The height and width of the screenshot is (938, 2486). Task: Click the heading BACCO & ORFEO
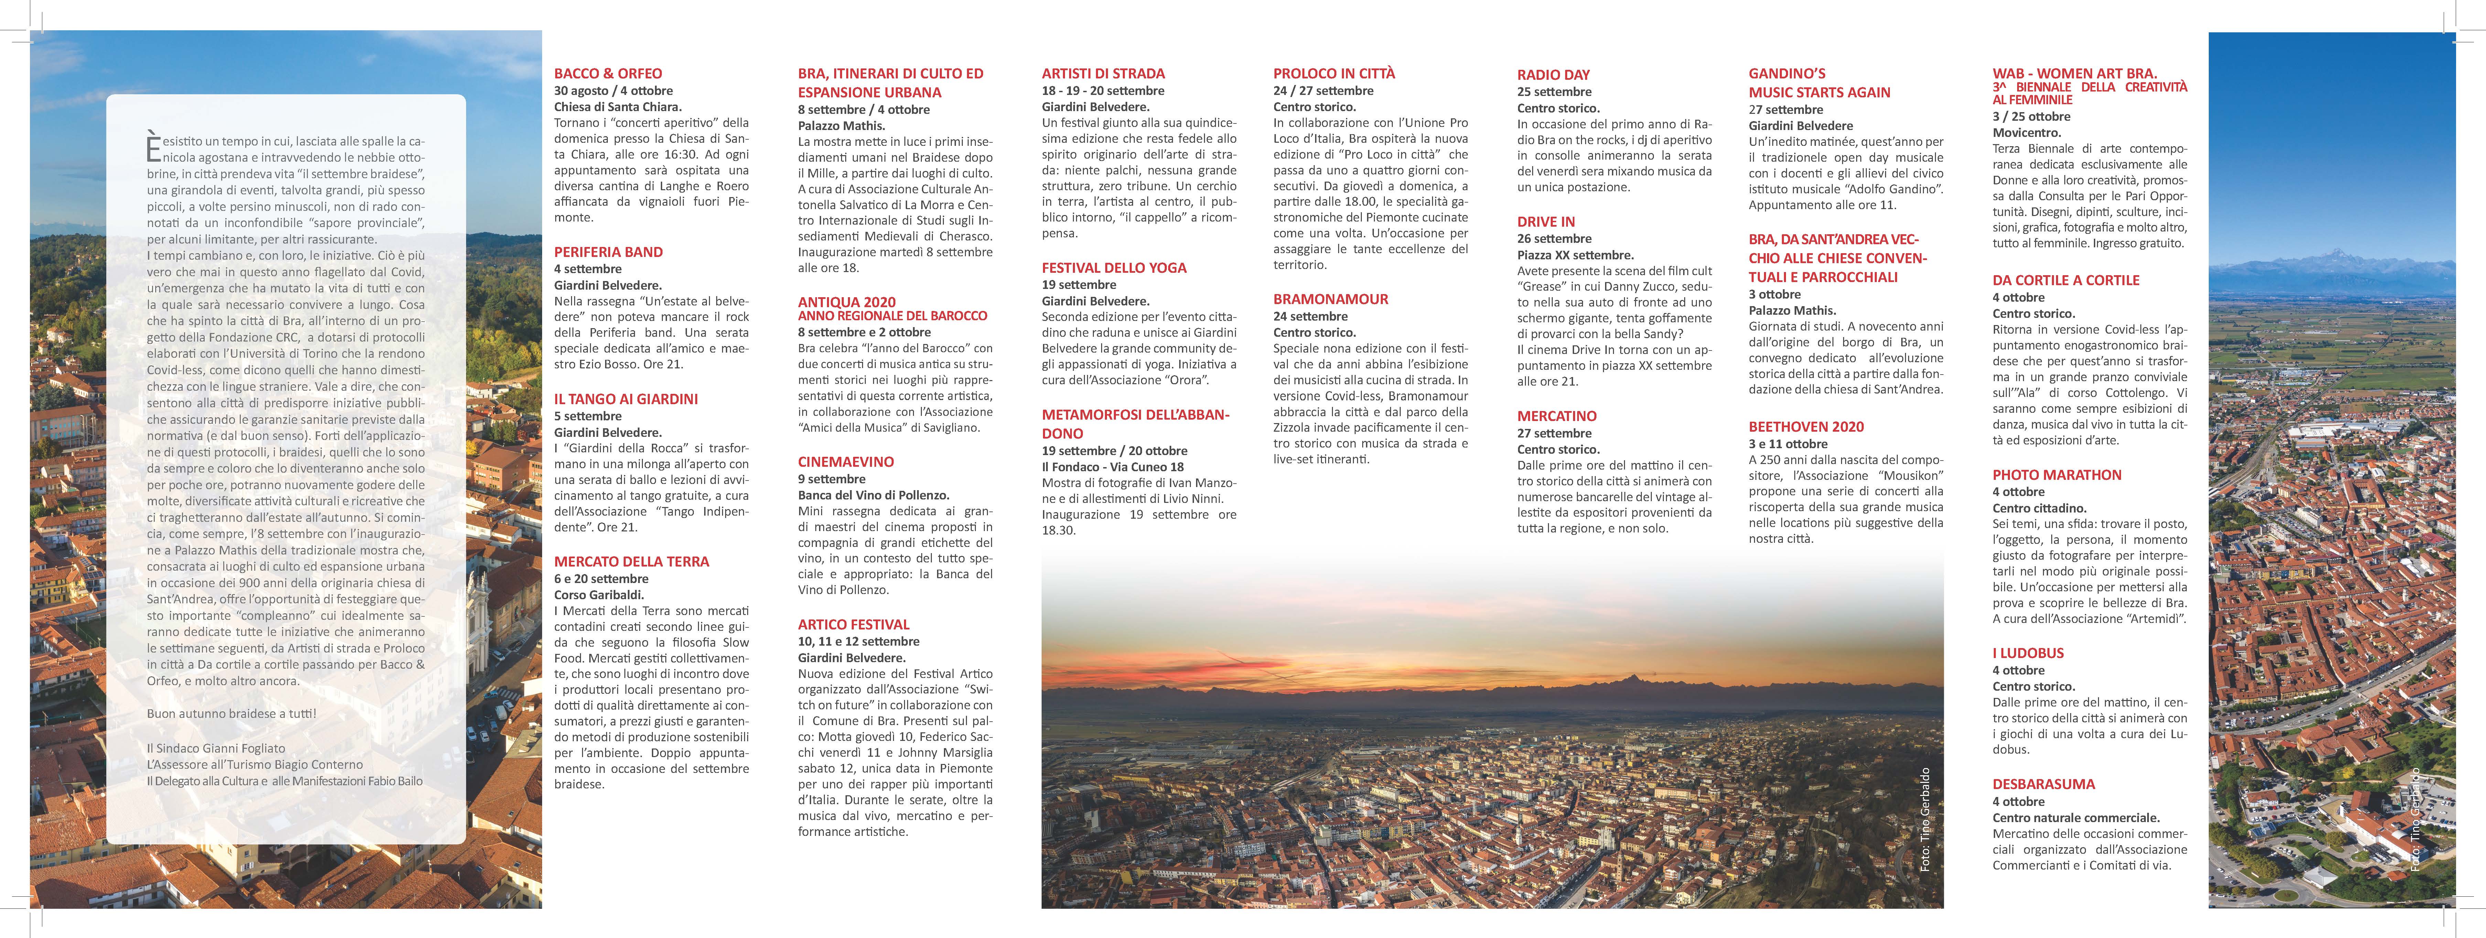[608, 73]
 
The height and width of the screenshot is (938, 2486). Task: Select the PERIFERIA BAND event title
[608, 252]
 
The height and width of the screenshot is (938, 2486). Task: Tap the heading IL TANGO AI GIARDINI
[625, 399]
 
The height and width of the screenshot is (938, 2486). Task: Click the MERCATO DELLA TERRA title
[631, 562]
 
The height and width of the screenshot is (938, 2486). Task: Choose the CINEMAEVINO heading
[846, 462]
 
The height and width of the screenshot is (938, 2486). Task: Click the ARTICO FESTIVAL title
[853, 624]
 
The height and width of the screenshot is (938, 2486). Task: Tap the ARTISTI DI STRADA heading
[1103, 73]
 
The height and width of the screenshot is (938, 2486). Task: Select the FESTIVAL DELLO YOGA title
[1114, 268]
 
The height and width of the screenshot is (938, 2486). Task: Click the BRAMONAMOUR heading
[1330, 299]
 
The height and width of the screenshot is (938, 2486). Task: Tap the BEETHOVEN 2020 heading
[1806, 427]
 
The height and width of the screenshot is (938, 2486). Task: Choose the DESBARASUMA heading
[2043, 785]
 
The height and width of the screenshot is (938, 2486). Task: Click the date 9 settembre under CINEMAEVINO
[831, 479]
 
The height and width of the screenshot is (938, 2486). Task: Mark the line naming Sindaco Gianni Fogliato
[216, 748]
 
